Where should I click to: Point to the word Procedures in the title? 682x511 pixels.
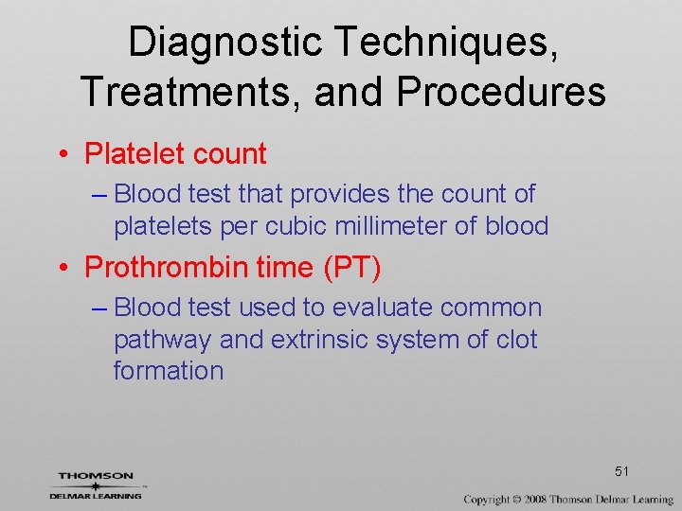(x=501, y=92)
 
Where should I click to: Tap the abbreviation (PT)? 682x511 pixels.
(x=352, y=268)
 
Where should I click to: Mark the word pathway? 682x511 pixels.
(x=159, y=340)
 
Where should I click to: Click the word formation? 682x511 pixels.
(x=168, y=371)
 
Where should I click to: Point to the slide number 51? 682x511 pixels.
(x=622, y=471)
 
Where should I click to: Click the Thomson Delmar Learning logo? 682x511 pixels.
(x=96, y=485)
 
